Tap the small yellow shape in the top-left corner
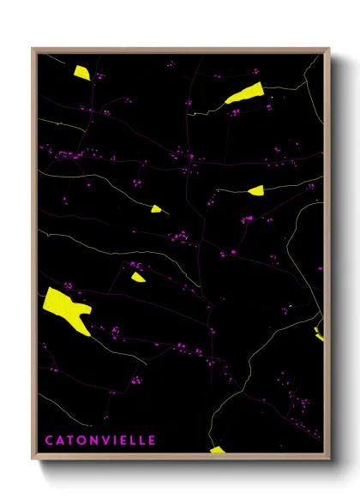[81, 73]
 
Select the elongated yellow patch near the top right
[243, 94]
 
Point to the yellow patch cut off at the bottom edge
[217, 449]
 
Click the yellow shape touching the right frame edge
[319, 330]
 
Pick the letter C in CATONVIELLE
[49, 441]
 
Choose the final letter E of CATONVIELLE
[152, 441]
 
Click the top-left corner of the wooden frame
[33, 49]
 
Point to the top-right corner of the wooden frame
[329, 49]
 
